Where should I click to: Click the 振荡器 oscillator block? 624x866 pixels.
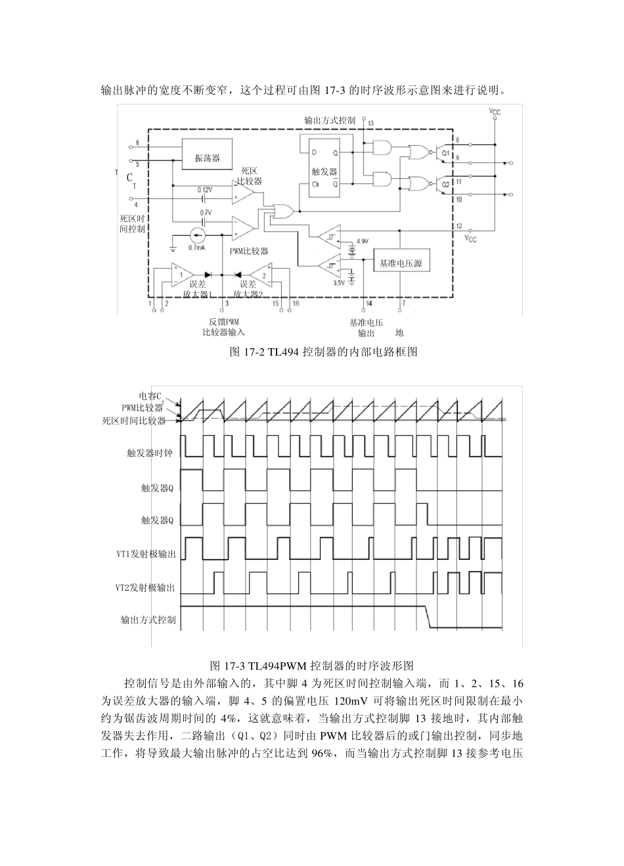tap(206, 158)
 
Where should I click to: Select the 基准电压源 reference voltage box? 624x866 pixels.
tap(400, 263)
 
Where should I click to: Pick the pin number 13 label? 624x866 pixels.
tap(371, 124)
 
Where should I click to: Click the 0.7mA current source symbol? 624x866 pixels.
tap(197, 235)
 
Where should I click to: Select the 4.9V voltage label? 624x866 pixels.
tap(362, 241)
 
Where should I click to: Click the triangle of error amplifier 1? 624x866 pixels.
tap(179, 273)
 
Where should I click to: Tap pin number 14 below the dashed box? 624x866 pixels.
tap(368, 303)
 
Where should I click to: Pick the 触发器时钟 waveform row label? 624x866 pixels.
tap(150, 453)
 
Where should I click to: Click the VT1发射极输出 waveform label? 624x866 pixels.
tap(146, 554)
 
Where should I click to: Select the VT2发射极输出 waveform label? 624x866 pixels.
tap(146, 587)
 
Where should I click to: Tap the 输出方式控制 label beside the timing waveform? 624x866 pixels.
tap(148, 620)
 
